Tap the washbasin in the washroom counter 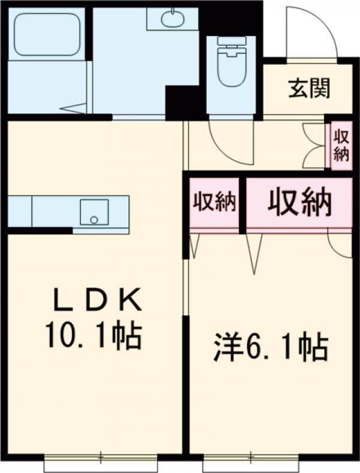172,18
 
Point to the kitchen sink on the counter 94,212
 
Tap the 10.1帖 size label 92,337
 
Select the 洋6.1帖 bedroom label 271,348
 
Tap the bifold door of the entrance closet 314,146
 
